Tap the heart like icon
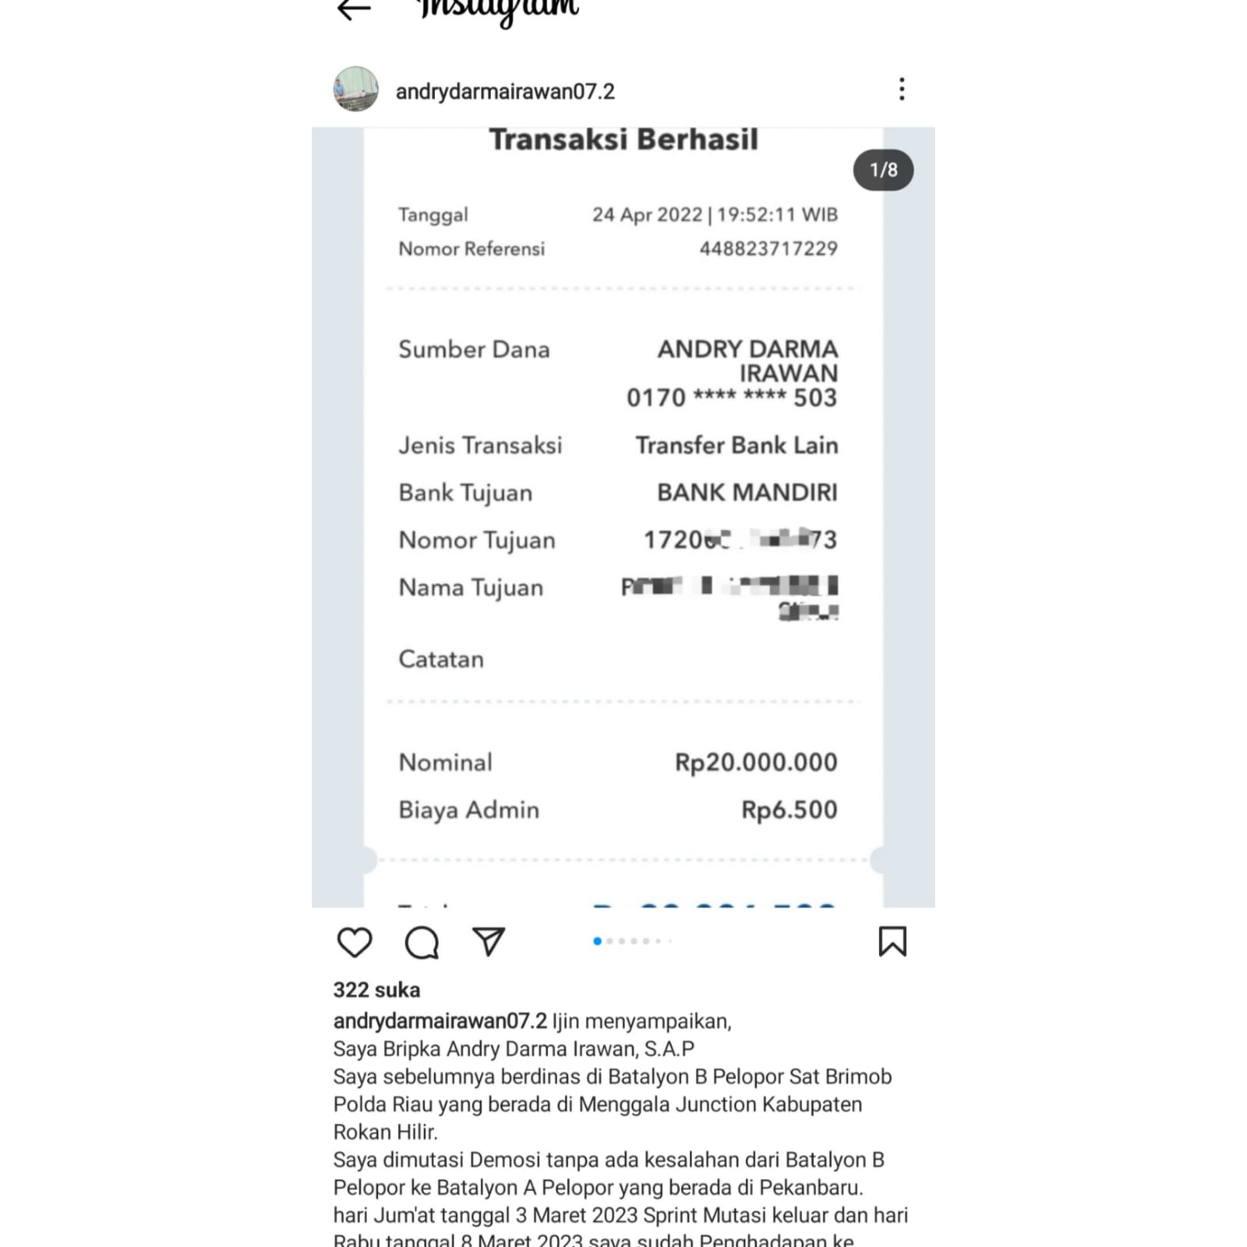[x=355, y=941]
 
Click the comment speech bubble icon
[x=422, y=941]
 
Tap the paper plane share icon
[x=489, y=941]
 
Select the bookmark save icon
[x=892, y=941]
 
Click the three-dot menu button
[x=902, y=89]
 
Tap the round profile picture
[x=356, y=89]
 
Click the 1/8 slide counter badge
[x=883, y=170]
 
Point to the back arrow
[x=354, y=9]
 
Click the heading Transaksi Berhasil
[x=623, y=140]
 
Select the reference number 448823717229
[x=768, y=249]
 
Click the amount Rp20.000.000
[x=756, y=761]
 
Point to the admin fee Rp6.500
[x=789, y=809]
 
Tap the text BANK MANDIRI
[x=747, y=492]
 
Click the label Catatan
[x=441, y=659]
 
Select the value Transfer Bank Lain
[x=737, y=445]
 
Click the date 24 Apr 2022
[x=647, y=214]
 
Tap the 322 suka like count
[x=376, y=990]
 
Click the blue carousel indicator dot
[x=597, y=941]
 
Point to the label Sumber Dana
[x=474, y=349]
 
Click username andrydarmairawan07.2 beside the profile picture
[x=505, y=91]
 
